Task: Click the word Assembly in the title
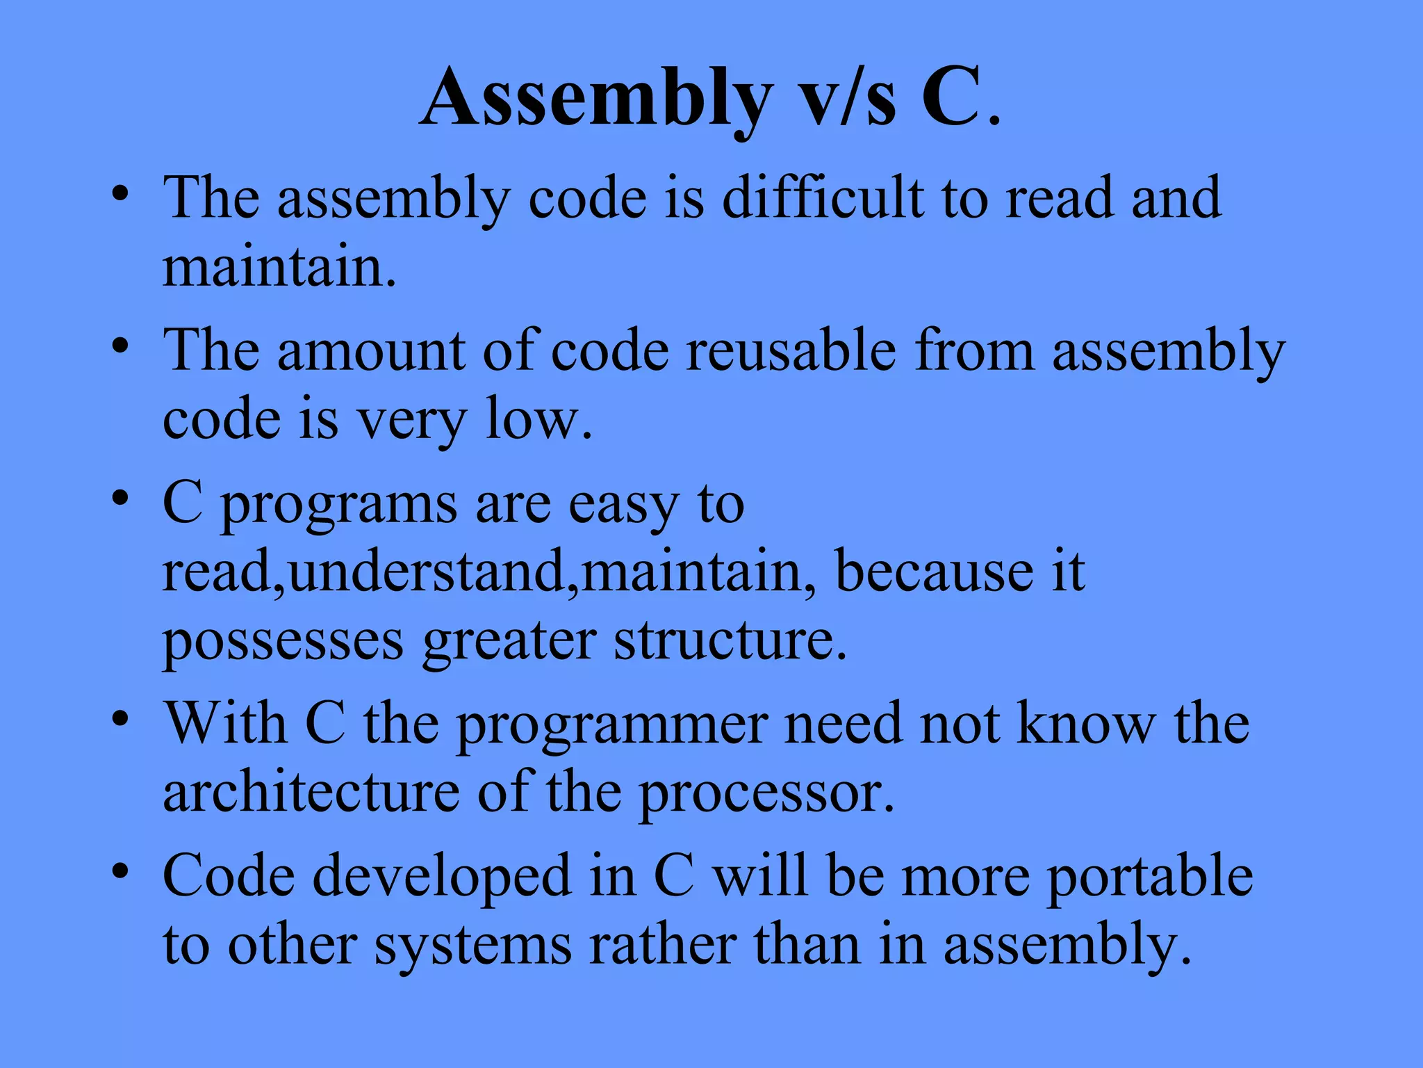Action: (596, 99)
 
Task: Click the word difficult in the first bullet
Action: (823, 199)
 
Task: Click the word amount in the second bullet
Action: (371, 350)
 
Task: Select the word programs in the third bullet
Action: (339, 505)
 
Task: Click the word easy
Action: (623, 505)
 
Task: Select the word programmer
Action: (612, 725)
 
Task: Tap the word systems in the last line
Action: (472, 946)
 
